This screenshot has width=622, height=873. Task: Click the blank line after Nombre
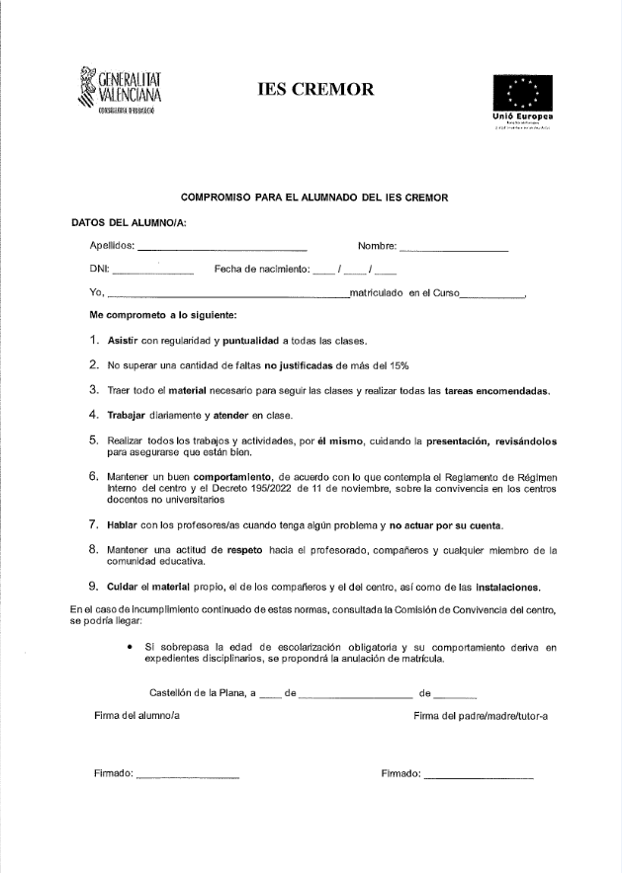454,247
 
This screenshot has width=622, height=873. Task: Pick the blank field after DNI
153,271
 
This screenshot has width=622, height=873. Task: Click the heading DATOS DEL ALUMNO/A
129,222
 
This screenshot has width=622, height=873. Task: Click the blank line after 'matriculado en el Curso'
492,295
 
